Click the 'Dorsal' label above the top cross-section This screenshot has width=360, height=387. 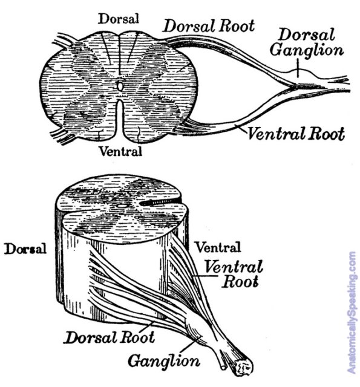click(x=118, y=19)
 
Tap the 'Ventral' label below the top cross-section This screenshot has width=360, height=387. click(x=121, y=151)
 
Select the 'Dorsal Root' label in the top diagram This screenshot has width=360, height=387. click(x=209, y=26)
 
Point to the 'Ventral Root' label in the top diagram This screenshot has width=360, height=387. click(x=296, y=134)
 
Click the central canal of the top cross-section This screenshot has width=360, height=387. click(x=120, y=86)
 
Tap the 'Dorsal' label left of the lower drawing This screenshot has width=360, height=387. click(x=25, y=249)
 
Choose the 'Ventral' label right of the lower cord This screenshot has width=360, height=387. click(x=218, y=247)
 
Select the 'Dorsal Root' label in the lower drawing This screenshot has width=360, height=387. click(x=110, y=337)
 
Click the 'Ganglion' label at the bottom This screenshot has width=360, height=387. click(x=164, y=362)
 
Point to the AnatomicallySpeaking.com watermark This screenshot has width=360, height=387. click(x=352, y=313)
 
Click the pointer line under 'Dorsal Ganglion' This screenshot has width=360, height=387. click(x=298, y=68)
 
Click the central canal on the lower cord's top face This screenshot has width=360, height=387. click(x=122, y=206)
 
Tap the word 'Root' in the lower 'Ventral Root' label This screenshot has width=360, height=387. click(x=240, y=282)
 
